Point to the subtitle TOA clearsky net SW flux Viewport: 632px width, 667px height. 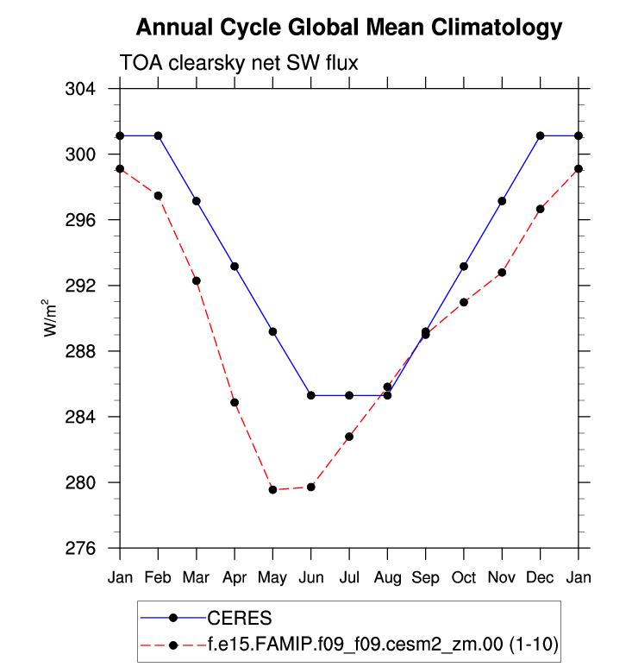237,63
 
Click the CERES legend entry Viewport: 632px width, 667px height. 239,617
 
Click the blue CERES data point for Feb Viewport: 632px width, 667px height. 158,135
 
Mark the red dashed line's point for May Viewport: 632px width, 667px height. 272,490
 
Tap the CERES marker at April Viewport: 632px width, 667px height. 235,267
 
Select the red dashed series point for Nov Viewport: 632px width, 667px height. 502,273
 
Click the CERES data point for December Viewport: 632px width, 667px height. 540,135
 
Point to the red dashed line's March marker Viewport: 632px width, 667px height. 196,280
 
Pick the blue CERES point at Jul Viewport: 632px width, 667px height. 349,395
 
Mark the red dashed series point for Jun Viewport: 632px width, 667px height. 310,488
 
